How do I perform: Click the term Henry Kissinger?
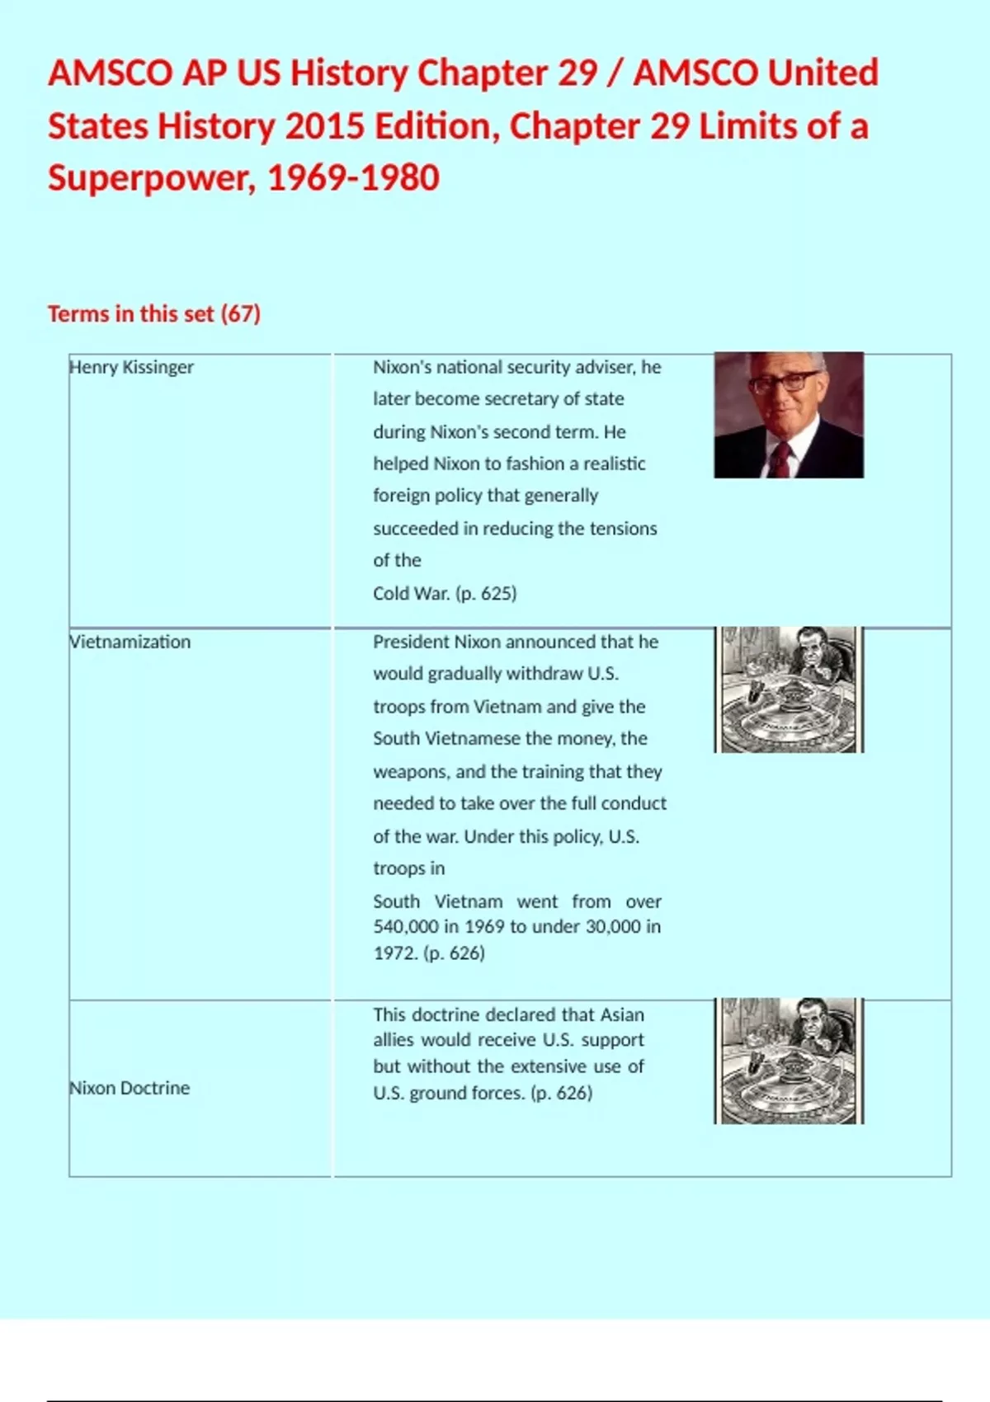(x=131, y=367)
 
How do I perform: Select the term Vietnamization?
(x=130, y=642)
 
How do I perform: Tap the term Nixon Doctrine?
(x=130, y=1088)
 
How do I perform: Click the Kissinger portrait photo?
(x=789, y=415)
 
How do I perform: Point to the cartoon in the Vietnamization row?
(x=789, y=689)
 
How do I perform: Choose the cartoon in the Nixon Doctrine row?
(x=789, y=1061)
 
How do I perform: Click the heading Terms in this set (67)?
(x=154, y=313)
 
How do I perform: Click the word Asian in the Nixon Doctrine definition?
(x=622, y=1014)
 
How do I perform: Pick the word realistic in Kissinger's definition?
(x=615, y=463)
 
